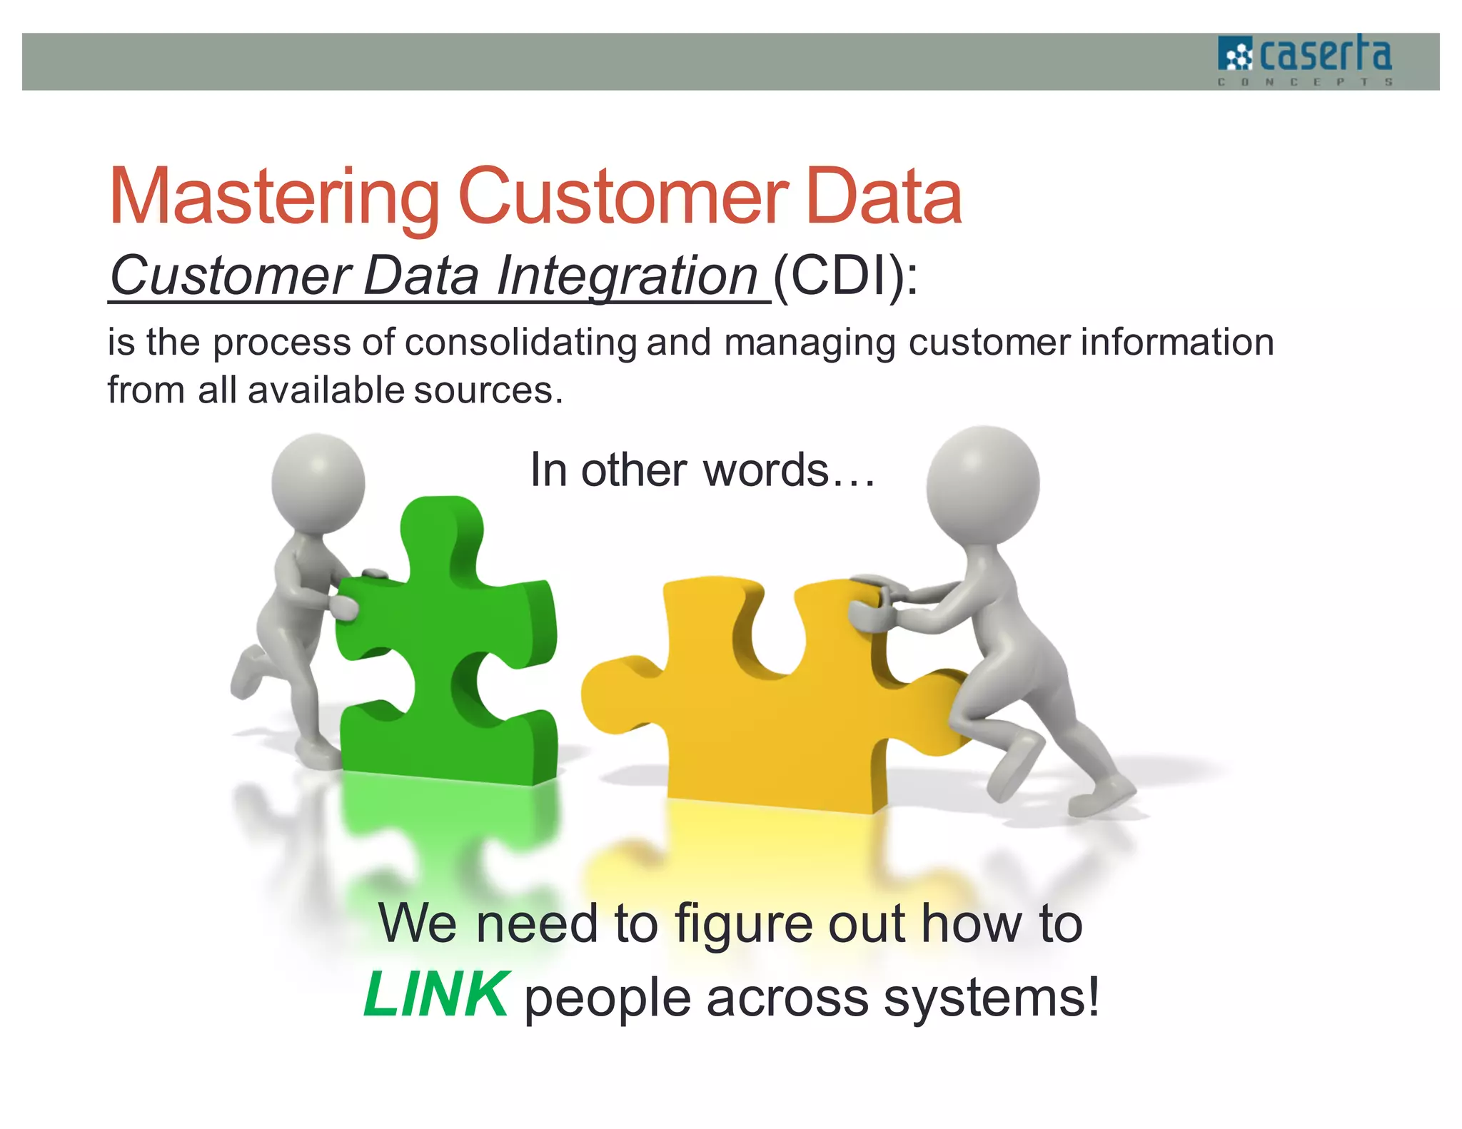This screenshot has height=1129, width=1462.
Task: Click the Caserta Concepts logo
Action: (x=1305, y=61)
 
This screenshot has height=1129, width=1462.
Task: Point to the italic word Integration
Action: (x=627, y=277)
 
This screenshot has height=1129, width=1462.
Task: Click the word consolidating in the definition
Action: (x=520, y=343)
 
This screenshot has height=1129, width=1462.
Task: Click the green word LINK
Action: (x=436, y=995)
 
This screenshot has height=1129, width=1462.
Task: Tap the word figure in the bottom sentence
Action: (x=744, y=925)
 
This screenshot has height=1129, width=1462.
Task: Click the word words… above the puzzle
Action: (x=788, y=471)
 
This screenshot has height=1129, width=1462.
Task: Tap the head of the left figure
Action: (x=318, y=482)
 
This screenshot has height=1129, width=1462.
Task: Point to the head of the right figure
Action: (x=984, y=482)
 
